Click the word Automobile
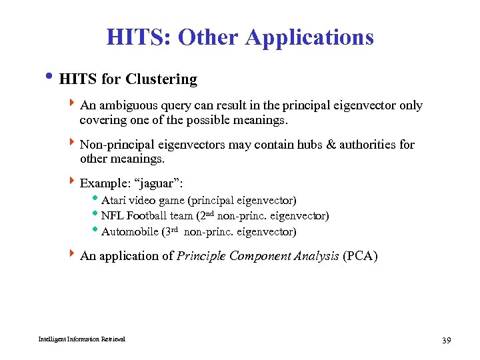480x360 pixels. [130, 232]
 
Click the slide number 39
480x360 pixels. [447, 341]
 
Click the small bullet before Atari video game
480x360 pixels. [97, 199]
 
